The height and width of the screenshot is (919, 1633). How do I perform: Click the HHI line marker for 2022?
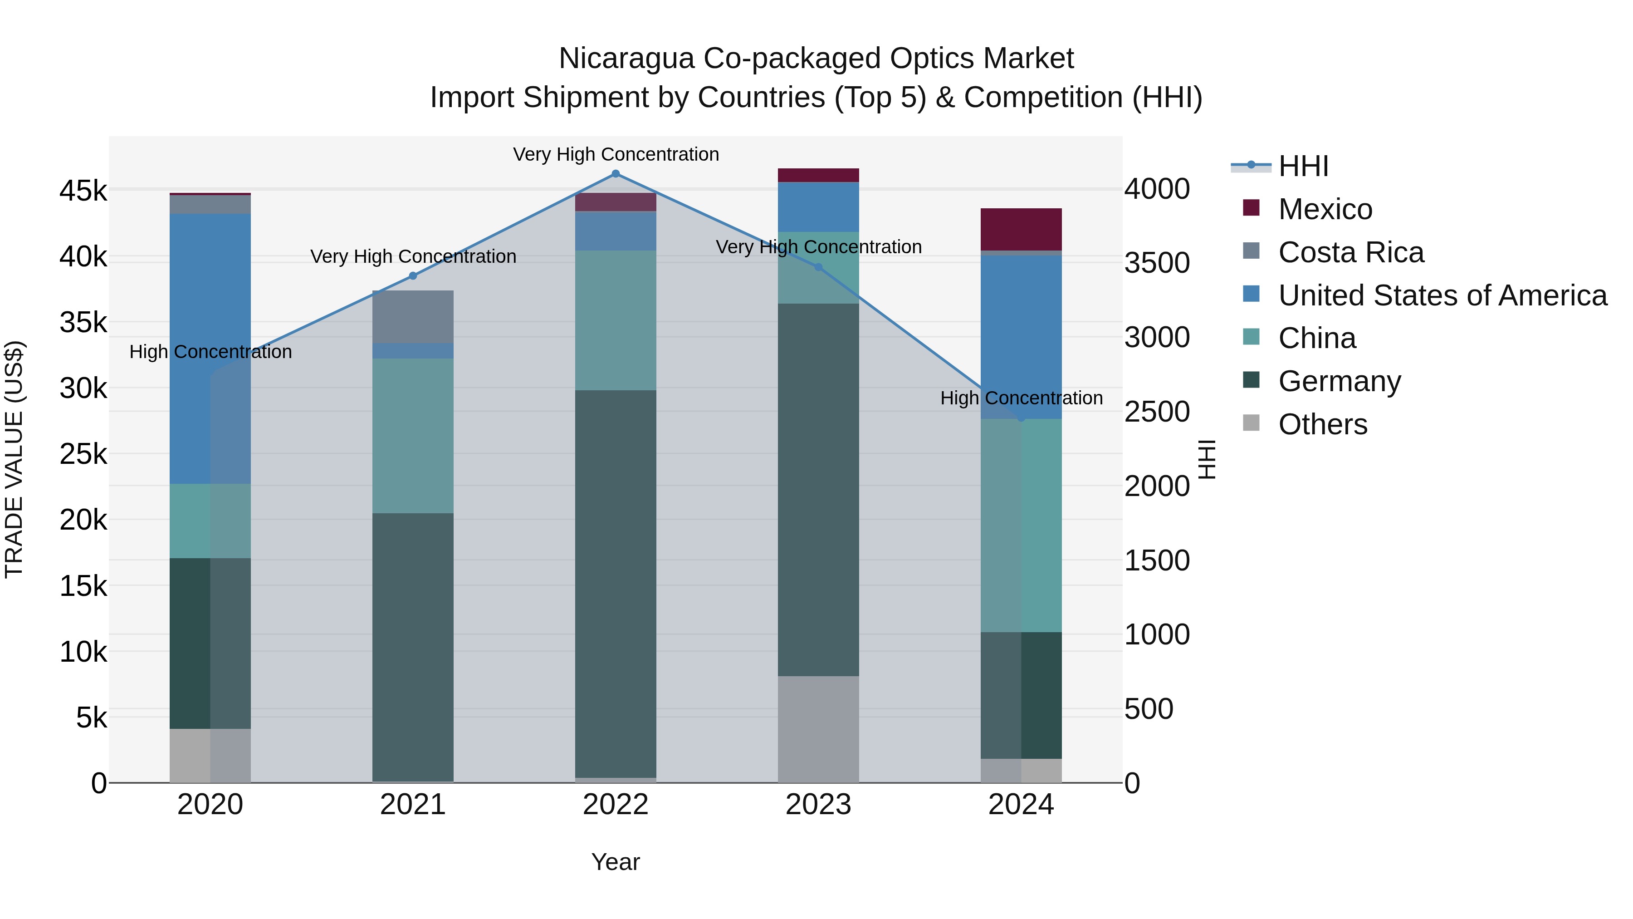click(615, 174)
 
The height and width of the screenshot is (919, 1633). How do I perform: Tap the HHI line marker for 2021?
click(413, 276)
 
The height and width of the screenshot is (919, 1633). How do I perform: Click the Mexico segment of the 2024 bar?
click(1021, 229)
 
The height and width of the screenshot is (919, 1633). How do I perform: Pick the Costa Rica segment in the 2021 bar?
click(413, 316)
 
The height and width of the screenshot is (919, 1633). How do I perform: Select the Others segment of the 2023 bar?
click(818, 729)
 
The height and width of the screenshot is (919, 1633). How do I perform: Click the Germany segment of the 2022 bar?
click(615, 584)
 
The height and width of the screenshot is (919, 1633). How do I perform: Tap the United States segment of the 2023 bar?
click(818, 207)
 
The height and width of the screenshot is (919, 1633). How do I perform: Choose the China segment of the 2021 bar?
click(413, 436)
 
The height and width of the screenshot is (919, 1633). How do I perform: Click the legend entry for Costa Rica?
click(1350, 252)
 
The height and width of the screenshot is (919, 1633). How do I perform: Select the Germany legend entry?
click(1339, 381)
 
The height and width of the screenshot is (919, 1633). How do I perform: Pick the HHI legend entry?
click(1303, 166)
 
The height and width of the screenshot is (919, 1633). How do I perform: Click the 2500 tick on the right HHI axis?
click(1157, 412)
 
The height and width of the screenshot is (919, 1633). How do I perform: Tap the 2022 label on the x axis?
click(615, 805)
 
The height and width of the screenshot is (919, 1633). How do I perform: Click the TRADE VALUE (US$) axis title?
click(14, 459)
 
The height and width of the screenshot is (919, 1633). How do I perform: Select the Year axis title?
click(615, 862)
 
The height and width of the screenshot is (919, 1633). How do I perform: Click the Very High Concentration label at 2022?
click(615, 154)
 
